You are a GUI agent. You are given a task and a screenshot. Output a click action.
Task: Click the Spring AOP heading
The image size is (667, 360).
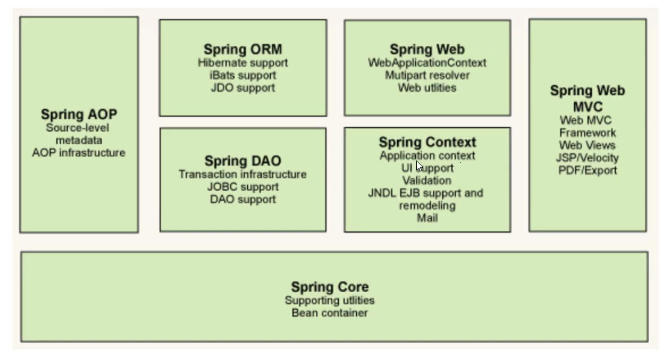tap(79, 115)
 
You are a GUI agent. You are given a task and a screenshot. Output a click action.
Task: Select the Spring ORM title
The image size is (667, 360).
tap(242, 50)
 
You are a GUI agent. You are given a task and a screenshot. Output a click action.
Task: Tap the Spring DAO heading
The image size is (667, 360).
tap(242, 162)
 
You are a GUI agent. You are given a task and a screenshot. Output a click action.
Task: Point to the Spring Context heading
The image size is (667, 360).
tap(427, 142)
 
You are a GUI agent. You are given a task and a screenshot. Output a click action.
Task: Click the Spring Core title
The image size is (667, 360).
tap(329, 287)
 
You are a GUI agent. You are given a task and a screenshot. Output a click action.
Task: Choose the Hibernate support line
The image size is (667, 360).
tap(242, 63)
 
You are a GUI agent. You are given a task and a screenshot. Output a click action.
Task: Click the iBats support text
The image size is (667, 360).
tap(242, 75)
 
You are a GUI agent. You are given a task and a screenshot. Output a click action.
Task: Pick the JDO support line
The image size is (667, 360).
tap(242, 88)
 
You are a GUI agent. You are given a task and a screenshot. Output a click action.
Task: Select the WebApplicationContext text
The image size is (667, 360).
tap(427, 63)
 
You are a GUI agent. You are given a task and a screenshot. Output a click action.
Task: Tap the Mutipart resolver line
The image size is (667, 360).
tap(427, 75)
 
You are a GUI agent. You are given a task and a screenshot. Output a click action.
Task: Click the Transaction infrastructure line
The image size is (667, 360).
tap(242, 174)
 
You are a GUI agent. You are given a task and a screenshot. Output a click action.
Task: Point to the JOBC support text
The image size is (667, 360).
tap(242, 186)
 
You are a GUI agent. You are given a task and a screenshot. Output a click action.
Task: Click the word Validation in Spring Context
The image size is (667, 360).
tap(426, 181)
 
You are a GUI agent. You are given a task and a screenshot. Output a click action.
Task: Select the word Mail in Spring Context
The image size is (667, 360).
tap(427, 218)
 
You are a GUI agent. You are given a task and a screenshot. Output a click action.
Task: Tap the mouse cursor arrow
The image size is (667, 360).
tap(419, 166)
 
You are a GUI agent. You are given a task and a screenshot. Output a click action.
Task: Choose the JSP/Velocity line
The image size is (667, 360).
tap(587, 158)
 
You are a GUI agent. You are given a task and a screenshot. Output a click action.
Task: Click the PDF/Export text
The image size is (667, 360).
tap(587, 170)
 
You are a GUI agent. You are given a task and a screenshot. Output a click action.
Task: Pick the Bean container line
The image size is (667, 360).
tap(329, 313)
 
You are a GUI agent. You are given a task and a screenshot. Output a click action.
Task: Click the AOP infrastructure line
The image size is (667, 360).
tap(79, 153)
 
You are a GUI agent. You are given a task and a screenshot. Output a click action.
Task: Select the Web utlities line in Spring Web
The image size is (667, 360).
tap(427, 88)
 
